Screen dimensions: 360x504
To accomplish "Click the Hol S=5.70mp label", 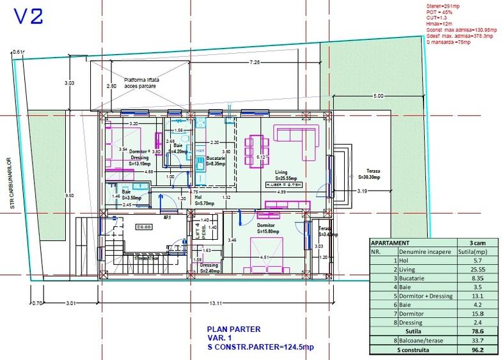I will (198, 201).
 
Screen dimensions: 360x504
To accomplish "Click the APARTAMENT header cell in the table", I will (393, 243).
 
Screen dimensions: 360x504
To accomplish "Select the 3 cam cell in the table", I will (476, 243).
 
